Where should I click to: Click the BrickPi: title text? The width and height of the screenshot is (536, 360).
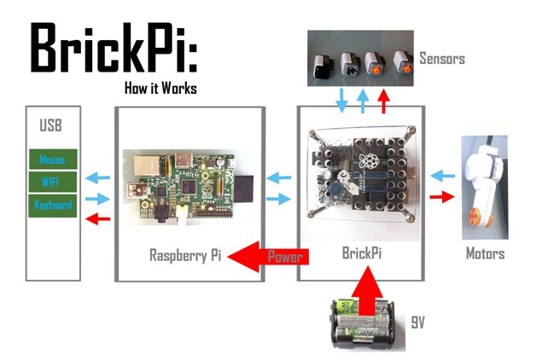pos(114,48)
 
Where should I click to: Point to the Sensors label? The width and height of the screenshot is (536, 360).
pos(441,59)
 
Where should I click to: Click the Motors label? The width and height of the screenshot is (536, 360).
pos(485,253)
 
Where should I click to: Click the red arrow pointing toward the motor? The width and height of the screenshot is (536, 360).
pos(440,198)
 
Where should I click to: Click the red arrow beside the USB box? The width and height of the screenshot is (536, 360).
pos(99,220)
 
